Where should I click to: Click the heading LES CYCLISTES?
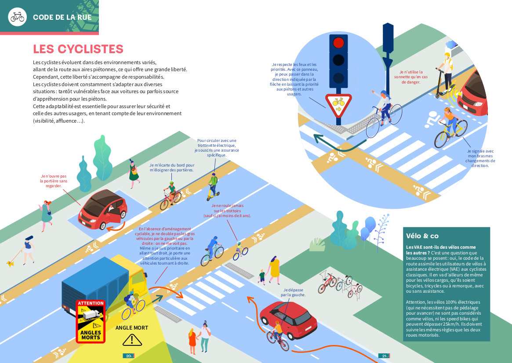pos(78,49)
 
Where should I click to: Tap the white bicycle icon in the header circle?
pos(18,17)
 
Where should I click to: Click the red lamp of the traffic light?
pos(338,43)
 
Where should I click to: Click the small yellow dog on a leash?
pos(10,264)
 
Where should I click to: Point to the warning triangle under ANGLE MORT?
pos(131,339)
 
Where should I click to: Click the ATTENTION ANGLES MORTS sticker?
pos(91,321)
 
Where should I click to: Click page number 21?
pos(384,356)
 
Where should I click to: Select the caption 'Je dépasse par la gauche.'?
pos(294,292)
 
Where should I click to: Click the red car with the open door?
pos(102,210)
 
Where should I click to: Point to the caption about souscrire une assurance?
pos(217,148)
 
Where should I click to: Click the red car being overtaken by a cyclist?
pos(289,317)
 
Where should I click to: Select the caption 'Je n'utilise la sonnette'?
pos(411,77)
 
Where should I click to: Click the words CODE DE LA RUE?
pos(62,18)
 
